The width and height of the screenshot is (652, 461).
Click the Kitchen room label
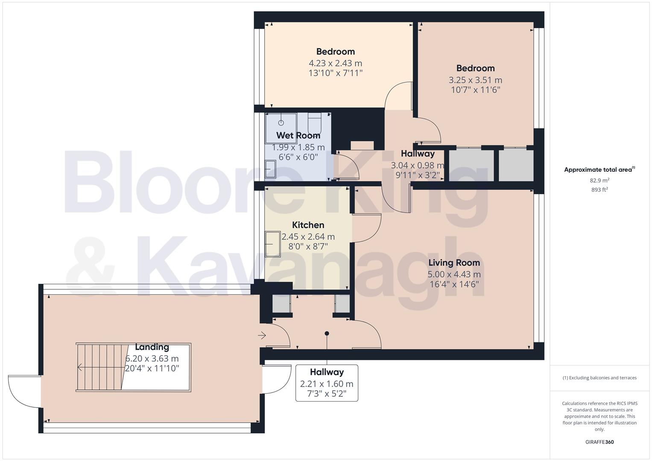[308, 225]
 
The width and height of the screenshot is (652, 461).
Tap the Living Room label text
[454, 263]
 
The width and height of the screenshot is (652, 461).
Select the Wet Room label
[298, 135]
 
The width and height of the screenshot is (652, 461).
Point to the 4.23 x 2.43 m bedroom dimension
[335, 63]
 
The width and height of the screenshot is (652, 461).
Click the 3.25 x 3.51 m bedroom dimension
[475, 80]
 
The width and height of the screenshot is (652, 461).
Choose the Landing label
[152, 347]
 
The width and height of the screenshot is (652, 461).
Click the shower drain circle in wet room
[281, 123]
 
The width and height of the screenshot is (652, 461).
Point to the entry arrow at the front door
[262, 336]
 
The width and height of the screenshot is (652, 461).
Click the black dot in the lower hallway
[327, 333]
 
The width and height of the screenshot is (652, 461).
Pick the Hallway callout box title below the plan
[327, 372]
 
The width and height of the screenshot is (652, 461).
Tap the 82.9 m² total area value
[599, 181]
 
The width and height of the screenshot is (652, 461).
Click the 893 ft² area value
[599, 190]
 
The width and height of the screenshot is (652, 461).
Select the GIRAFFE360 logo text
[599, 442]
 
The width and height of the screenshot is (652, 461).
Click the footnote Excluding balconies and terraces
[599, 378]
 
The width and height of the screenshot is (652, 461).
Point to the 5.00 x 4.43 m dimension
[454, 274]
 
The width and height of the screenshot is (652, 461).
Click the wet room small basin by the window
[270, 169]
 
